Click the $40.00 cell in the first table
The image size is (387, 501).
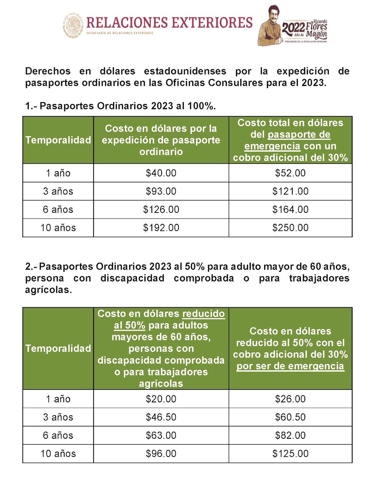coord(161,173)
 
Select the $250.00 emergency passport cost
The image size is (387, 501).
coord(290,228)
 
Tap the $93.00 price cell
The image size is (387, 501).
coord(161,191)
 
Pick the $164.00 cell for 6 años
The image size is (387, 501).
coord(290,209)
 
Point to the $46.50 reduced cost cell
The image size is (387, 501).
coord(161,417)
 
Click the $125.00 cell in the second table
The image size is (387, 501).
coord(290,454)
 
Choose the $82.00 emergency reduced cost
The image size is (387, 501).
coord(290,435)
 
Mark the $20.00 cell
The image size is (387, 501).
coord(161,399)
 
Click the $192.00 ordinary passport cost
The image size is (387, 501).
coord(161,228)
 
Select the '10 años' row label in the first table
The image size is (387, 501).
coord(58,228)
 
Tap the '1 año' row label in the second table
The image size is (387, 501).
coord(58,399)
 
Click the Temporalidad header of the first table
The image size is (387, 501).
coord(58,140)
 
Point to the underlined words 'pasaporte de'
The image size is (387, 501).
coord(299,135)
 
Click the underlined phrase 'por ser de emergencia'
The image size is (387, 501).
coord(290,366)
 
